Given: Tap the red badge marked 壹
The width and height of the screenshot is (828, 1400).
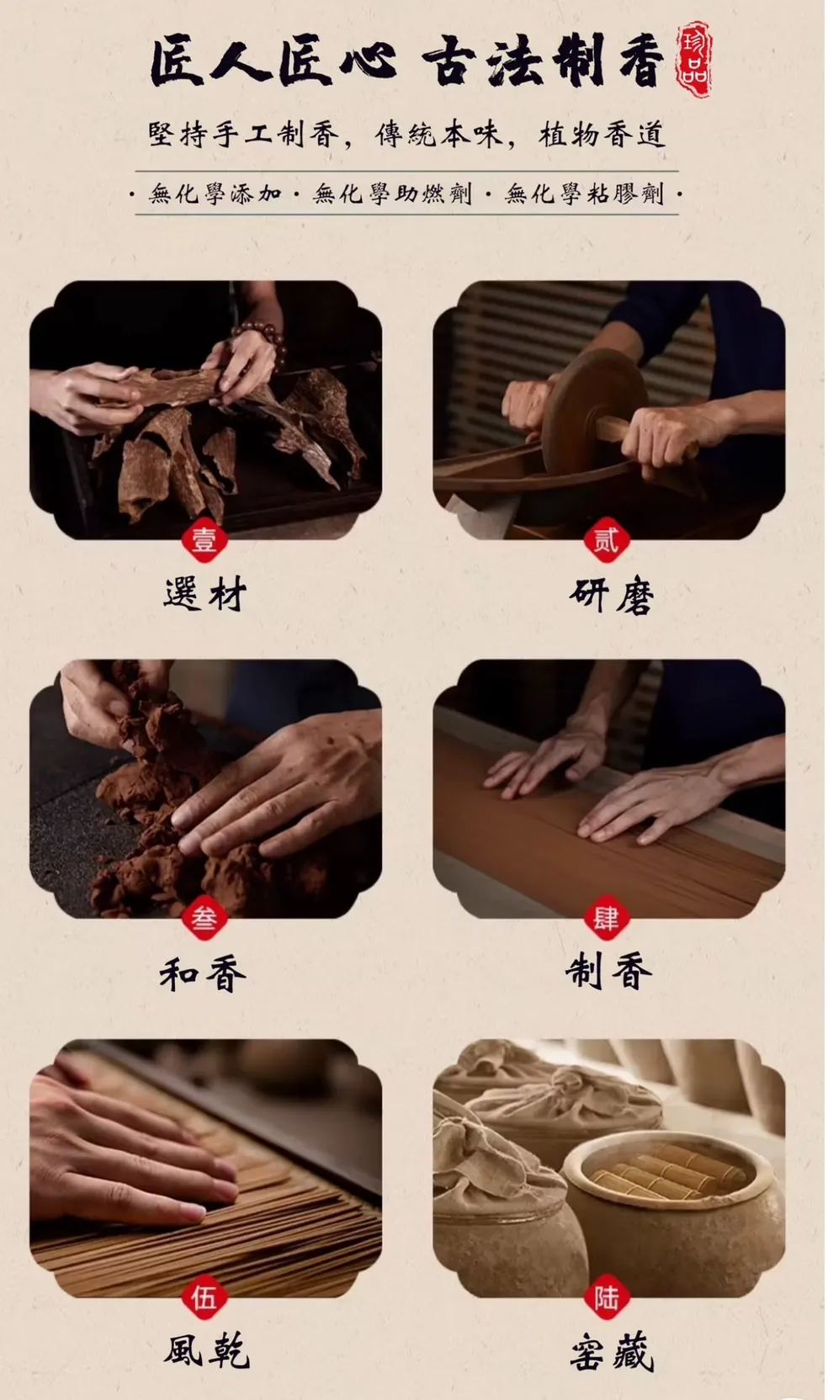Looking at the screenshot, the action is [x=204, y=540].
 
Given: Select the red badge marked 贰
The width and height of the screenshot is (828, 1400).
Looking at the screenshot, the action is [x=606, y=540].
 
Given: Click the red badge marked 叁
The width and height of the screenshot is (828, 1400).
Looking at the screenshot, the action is [x=204, y=919].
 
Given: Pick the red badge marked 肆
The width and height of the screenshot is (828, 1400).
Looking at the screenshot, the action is [x=606, y=919].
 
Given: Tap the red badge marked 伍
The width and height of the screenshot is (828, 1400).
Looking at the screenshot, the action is [x=204, y=1298].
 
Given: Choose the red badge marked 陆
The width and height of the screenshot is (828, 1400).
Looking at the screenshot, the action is [x=606, y=1298].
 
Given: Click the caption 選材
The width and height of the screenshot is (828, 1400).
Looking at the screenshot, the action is [x=205, y=594].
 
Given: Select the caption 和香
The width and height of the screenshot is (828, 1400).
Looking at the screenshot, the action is [x=203, y=973].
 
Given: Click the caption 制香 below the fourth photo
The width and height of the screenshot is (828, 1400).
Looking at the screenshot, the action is [x=608, y=973].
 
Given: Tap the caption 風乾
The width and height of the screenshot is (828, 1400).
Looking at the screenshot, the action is [x=207, y=1352].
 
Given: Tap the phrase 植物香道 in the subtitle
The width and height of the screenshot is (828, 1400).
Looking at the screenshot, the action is [x=602, y=135].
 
